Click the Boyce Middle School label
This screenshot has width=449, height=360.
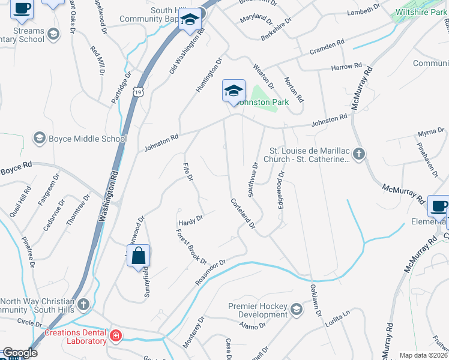pyautogui.click(x=88, y=139)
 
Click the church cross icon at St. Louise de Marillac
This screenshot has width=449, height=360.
pyautogui.click(x=358, y=155)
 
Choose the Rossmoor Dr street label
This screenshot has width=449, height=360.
pyautogui.click(x=209, y=272)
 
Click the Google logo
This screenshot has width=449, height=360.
pyautogui.click(x=19, y=353)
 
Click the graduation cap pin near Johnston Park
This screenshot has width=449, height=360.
pyautogui.click(x=234, y=91)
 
